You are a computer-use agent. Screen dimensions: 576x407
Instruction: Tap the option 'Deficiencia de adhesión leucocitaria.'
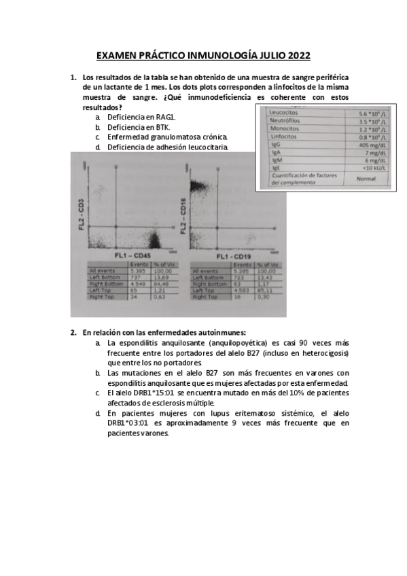click(167, 147)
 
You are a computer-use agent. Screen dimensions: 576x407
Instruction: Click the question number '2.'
click(73, 333)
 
